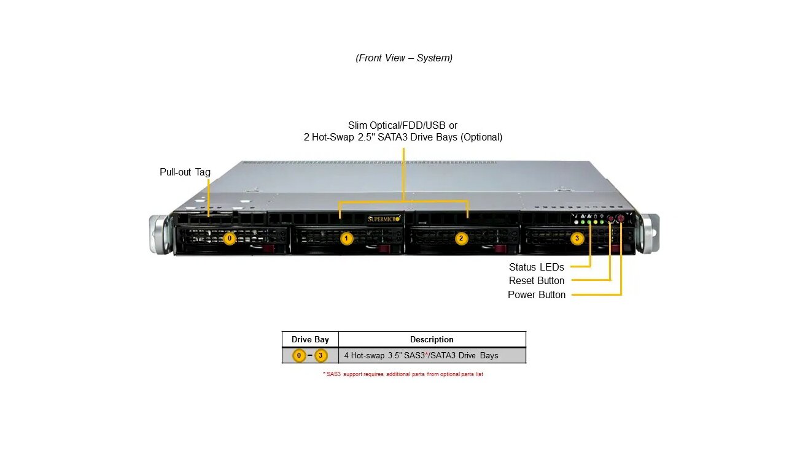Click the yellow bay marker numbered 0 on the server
coord(230,238)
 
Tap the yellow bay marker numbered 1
coord(346,238)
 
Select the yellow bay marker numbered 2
coord(461,238)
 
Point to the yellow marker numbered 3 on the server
coord(577,238)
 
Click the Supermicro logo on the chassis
coord(384,218)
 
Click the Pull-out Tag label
coord(185,172)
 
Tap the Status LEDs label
coord(536,267)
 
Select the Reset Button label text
coord(536,281)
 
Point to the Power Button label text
coord(536,295)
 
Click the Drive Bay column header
coord(310,339)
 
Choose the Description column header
coord(432,339)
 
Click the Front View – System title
coord(404,58)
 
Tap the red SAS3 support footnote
coord(403,374)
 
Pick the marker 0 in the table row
coord(299,355)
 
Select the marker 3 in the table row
coord(320,355)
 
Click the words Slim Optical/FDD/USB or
coord(403,125)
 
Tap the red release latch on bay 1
coord(385,248)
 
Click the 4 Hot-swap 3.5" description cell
coord(421,355)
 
